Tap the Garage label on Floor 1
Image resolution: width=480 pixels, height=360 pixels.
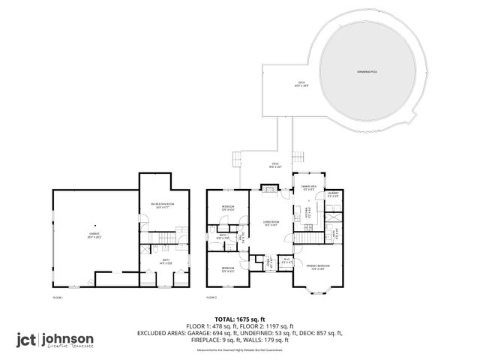[x=95, y=235]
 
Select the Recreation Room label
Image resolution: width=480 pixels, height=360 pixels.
[x=162, y=205]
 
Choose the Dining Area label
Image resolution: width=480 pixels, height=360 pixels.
[x=309, y=187]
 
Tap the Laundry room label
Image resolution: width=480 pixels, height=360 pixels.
[x=334, y=195]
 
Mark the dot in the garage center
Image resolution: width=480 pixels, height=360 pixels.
[x=95, y=224]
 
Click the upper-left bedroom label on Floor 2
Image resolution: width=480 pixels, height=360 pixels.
[x=228, y=208]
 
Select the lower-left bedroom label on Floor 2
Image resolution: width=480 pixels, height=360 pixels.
[x=227, y=269]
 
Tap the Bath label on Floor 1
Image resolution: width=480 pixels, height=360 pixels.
[x=166, y=262]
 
